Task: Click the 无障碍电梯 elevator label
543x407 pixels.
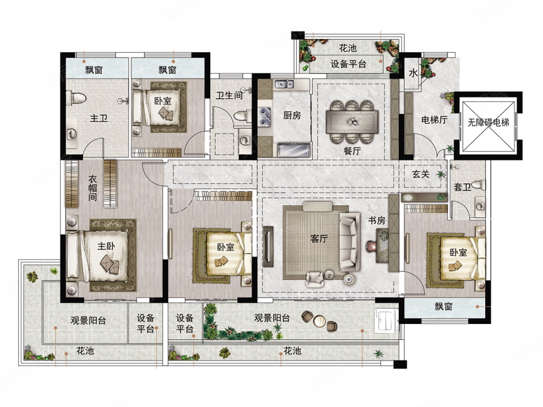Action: click(488, 122)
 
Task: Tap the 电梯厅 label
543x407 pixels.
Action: click(434, 120)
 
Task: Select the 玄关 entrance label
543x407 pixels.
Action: click(421, 174)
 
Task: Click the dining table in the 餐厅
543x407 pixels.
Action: click(352, 122)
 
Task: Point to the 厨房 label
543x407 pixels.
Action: click(292, 115)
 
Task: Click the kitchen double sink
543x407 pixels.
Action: click(285, 84)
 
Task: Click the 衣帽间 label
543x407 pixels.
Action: click(92, 188)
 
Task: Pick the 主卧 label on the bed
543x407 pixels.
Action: click(106, 246)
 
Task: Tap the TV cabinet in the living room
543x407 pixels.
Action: click(268, 246)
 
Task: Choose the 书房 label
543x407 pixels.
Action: click(377, 220)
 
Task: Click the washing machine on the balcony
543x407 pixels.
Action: click(385, 320)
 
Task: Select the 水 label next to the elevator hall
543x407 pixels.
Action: click(413, 73)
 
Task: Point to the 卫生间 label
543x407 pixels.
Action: click(229, 95)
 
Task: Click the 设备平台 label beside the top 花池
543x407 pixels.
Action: click(348, 64)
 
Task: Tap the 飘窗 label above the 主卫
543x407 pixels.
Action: click(94, 70)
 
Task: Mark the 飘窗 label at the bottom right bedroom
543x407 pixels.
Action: click(443, 306)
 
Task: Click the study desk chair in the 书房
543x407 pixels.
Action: click(371, 246)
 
